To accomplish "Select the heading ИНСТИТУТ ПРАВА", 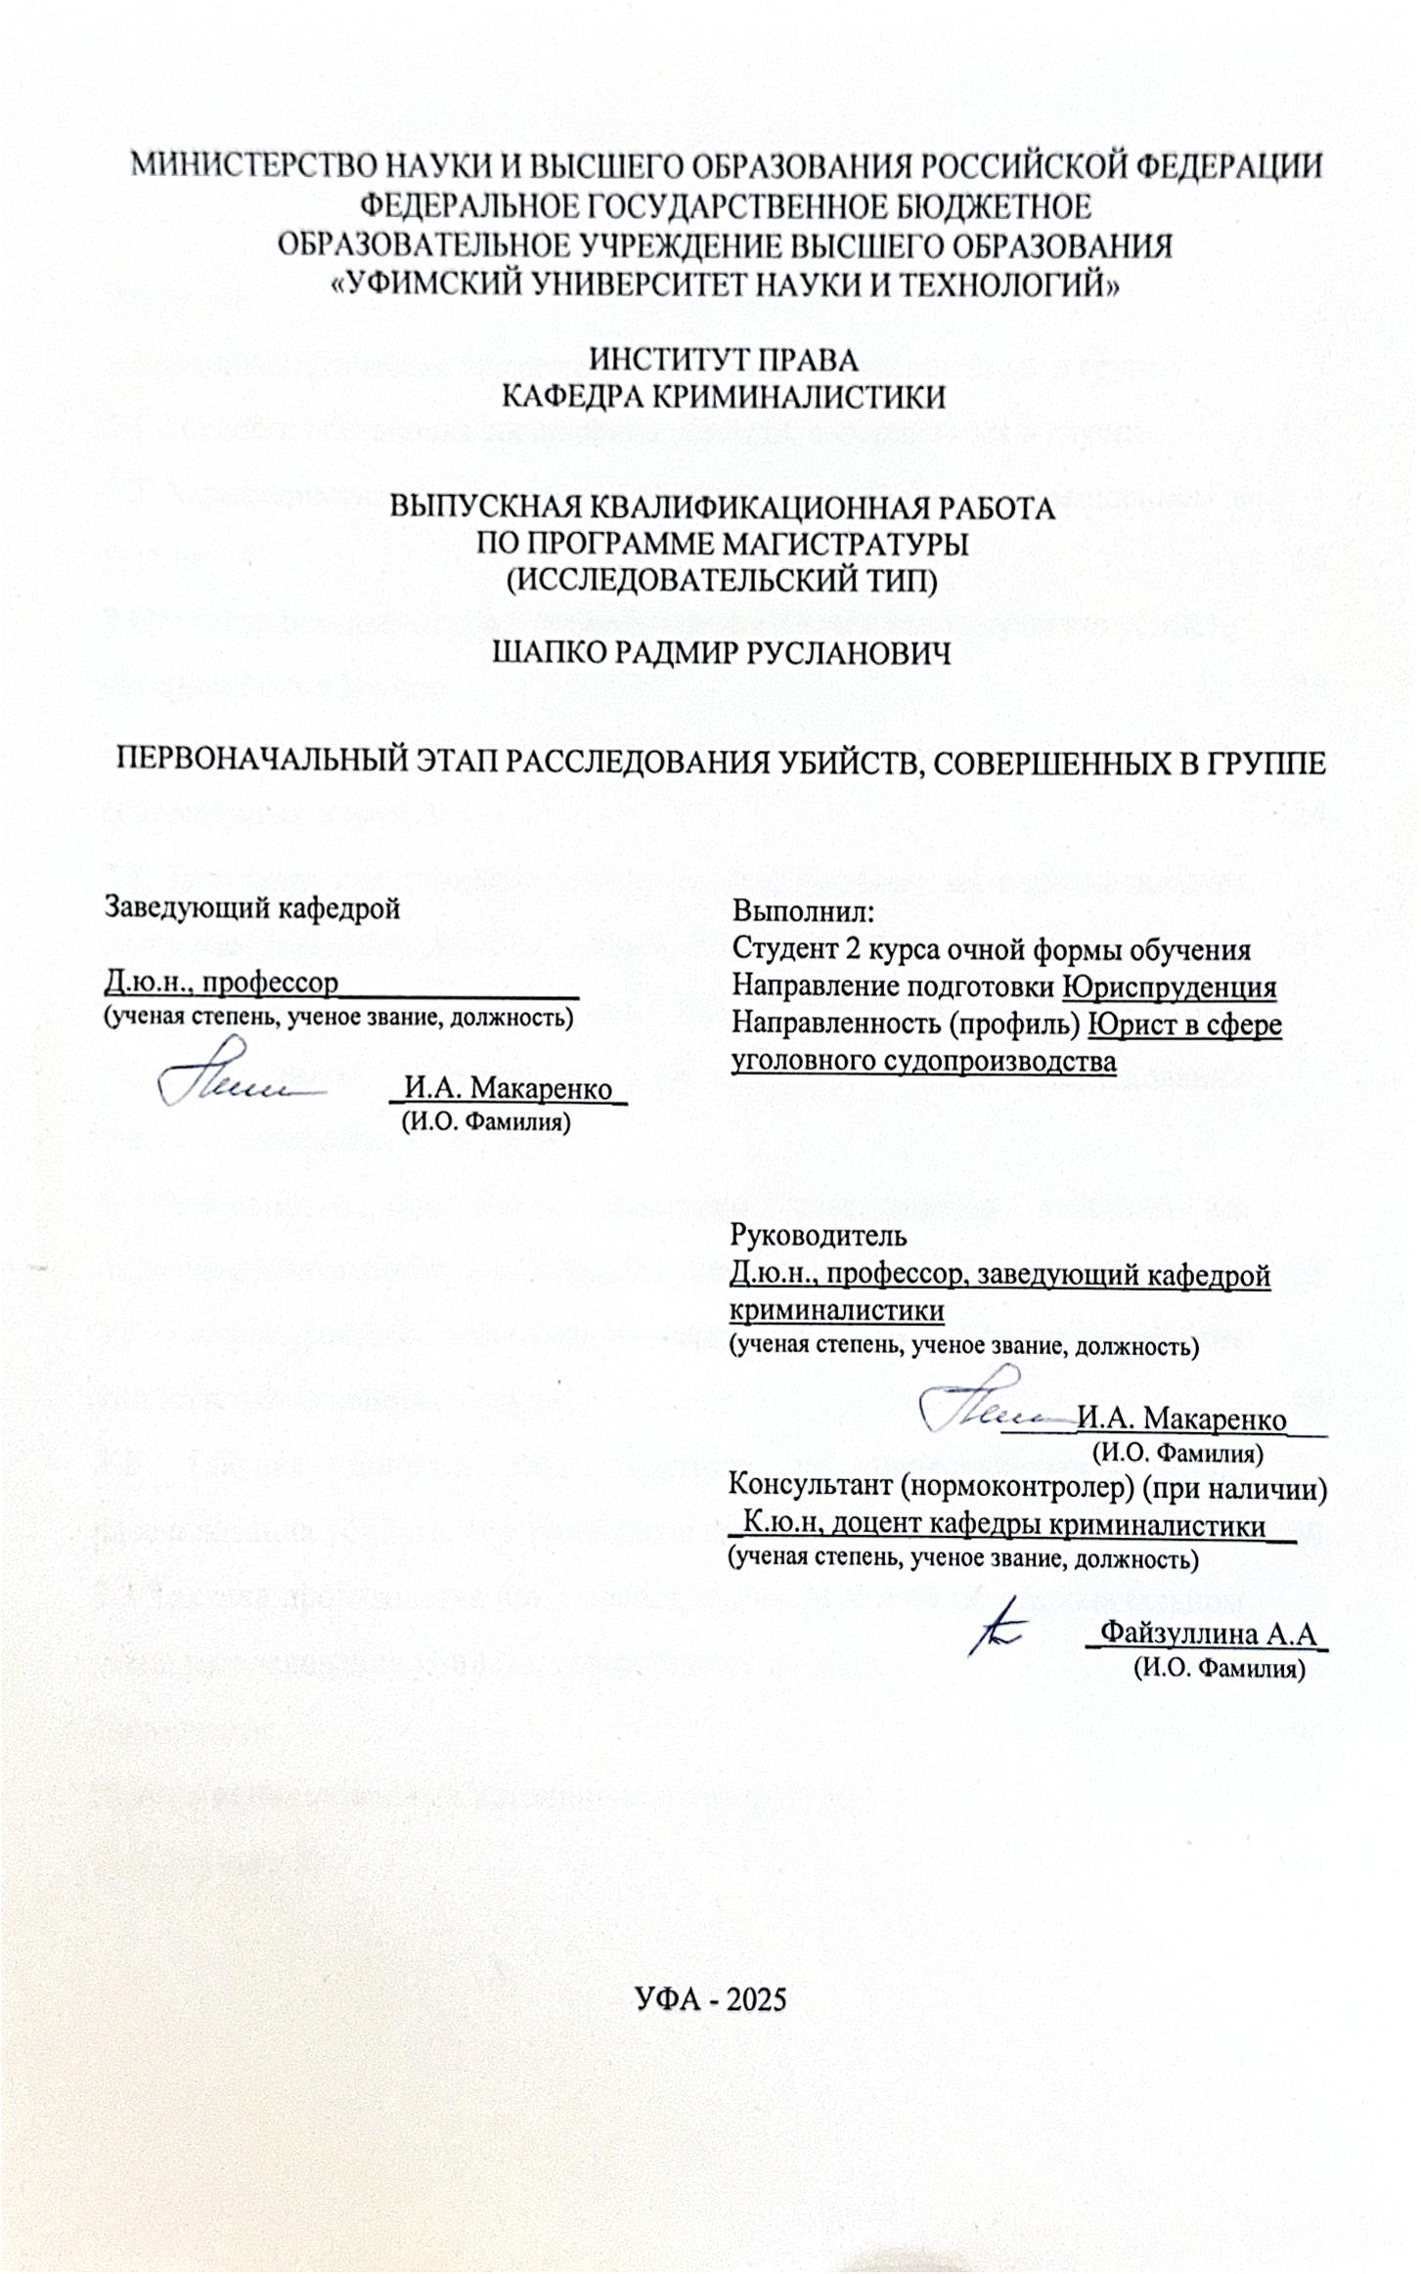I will (723, 360).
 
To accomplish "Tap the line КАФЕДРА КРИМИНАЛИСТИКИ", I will (723, 397).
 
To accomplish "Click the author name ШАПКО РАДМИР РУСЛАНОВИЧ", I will (722, 653).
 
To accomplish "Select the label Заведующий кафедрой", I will (252, 908).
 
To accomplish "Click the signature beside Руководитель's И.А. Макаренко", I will (988, 1404).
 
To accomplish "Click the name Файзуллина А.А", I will (1208, 1634).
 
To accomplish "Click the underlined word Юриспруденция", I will (1170, 986).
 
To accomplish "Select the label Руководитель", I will (818, 1236).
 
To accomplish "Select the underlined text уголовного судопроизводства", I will (923, 1062).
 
